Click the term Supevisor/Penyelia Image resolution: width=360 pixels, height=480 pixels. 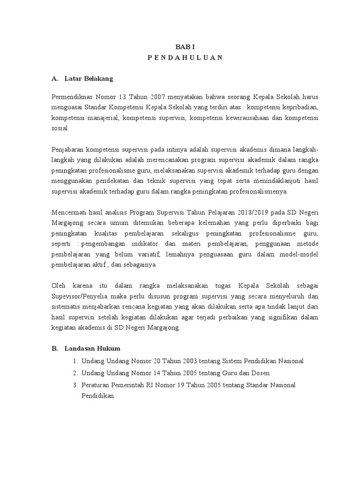point(82,296)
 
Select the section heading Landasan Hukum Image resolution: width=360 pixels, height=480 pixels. point(92,349)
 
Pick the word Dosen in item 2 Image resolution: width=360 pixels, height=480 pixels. point(261,373)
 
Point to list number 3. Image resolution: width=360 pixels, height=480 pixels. point(75,385)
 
